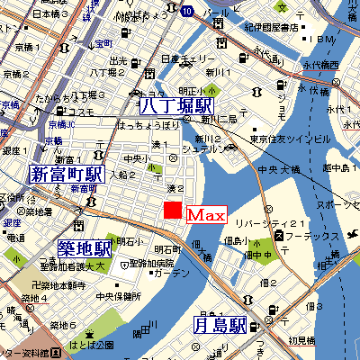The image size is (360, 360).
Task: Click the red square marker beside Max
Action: point(171,211)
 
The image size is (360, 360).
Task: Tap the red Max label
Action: point(204,216)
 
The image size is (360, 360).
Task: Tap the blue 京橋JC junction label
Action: point(62,124)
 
